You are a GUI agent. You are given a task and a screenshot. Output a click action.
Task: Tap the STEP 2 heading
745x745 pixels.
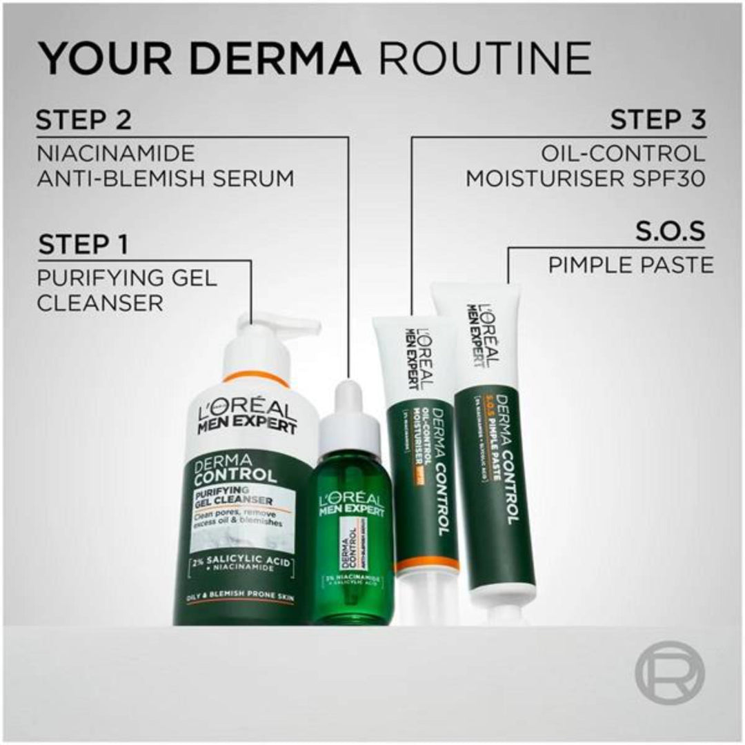coord(83,121)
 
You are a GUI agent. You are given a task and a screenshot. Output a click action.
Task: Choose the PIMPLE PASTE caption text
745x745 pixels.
coord(630,265)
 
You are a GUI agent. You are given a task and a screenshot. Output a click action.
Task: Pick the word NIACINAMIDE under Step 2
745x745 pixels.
coord(115,152)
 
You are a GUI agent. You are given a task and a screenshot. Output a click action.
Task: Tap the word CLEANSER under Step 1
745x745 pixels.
coord(100,303)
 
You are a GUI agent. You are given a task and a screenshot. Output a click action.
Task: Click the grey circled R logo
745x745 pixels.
coord(669,672)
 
